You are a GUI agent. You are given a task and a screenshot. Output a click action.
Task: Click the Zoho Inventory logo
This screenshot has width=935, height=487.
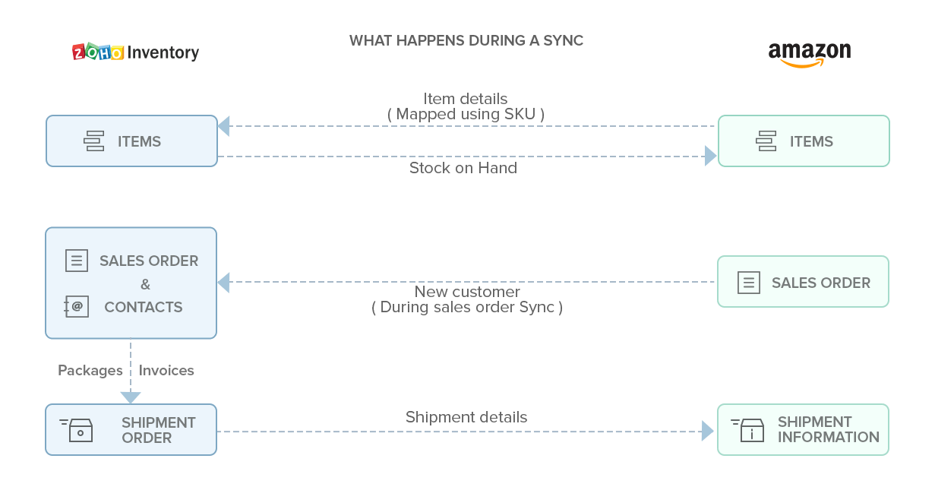point(136,52)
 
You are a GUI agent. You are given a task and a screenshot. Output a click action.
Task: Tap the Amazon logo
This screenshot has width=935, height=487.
point(809,54)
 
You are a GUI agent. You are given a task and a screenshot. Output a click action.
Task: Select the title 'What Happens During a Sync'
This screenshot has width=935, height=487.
point(466,41)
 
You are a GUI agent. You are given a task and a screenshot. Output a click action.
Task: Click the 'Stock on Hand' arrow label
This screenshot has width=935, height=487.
point(463,168)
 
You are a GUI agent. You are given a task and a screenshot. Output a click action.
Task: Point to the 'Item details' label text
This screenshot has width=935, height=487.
point(466,99)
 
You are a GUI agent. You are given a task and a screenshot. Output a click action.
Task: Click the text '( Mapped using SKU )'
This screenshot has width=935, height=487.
point(466,114)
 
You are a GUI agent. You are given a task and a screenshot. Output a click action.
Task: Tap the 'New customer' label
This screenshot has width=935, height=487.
point(467,292)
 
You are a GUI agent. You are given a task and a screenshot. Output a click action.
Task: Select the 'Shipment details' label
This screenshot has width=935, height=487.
point(466,417)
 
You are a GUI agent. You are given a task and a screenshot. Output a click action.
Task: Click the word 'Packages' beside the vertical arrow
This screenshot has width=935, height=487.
point(90,371)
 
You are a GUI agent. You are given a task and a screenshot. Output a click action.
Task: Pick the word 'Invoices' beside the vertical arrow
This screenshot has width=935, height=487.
point(166,371)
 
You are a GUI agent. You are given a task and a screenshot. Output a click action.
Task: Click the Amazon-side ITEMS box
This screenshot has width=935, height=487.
point(804,141)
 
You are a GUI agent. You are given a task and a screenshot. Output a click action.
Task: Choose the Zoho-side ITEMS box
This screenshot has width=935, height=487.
point(131,141)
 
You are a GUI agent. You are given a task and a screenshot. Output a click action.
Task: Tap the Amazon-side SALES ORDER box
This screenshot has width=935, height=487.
point(804,282)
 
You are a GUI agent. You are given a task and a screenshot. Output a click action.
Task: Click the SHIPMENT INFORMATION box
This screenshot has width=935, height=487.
point(804,430)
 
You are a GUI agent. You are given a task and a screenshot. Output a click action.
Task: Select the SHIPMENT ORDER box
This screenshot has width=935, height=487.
point(131,430)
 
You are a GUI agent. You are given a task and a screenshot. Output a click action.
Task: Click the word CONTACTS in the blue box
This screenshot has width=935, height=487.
point(144,307)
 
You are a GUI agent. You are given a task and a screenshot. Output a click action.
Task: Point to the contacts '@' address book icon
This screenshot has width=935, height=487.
point(77,307)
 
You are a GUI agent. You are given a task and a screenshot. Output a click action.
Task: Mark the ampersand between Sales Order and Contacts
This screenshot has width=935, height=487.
point(145,284)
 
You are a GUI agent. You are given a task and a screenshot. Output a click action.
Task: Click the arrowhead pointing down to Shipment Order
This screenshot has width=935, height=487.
point(131,397)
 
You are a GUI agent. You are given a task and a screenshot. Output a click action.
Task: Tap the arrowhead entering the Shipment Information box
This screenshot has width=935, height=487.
point(709,432)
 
